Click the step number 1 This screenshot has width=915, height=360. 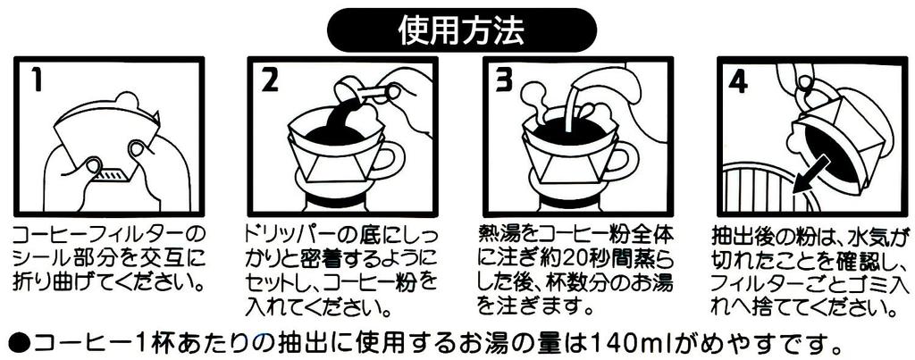click(35, 80)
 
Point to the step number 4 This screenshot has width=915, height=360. click(738, 80)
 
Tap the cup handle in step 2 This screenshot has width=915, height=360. click(391, 162)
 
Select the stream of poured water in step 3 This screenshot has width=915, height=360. click(567, 116)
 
